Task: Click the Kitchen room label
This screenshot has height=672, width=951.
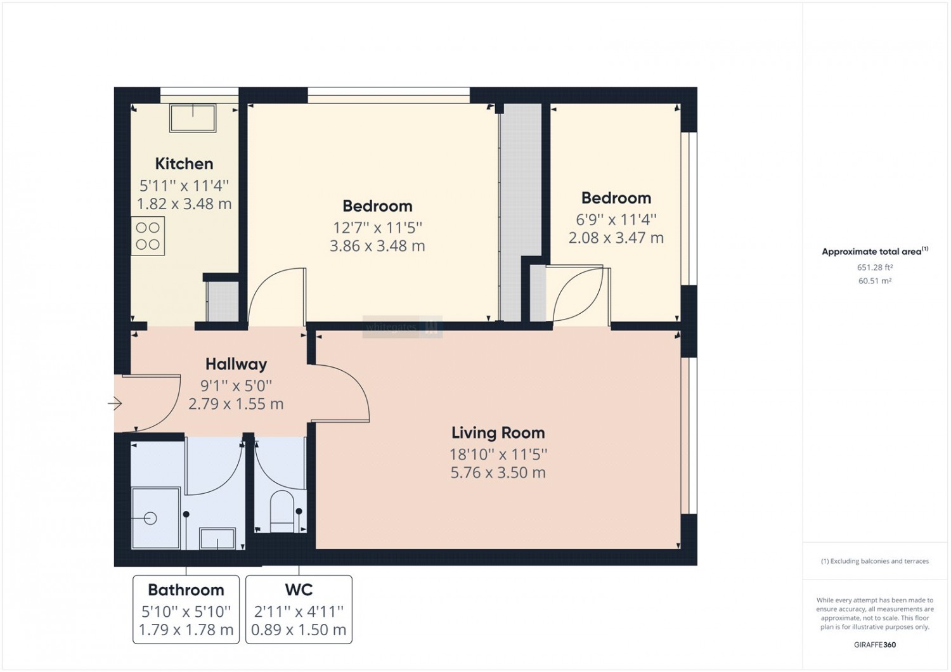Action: coord(184,164)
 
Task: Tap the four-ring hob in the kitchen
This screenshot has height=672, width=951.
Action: coord(148,236)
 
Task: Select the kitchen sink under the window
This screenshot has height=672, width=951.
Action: coord(193,117)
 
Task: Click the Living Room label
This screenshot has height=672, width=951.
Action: coord(498,432)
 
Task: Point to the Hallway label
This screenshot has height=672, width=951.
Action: coord(236,364)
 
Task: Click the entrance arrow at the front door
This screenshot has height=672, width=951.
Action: coord(115,403)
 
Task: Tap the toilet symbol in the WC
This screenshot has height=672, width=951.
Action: coord(282,511)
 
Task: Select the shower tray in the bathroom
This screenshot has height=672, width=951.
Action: coord(156,519)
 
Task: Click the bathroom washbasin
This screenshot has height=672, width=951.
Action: coord(217,539)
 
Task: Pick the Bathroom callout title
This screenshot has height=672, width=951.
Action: coord(186,590)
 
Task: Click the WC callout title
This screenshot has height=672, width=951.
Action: coord(299,590)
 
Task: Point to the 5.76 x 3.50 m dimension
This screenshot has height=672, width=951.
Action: coord(498,472)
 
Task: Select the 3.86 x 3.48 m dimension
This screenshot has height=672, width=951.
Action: coord(377,246)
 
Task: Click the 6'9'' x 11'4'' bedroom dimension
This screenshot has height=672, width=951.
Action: coord(616,219)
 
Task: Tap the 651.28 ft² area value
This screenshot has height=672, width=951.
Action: coord(874,268)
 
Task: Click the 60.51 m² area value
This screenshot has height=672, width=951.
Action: coord(874,281)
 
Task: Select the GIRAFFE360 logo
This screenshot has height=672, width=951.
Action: coord(875,645)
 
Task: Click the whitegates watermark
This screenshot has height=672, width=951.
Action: coord(403,327)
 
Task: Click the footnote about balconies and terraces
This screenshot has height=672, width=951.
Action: coord(875,561)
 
